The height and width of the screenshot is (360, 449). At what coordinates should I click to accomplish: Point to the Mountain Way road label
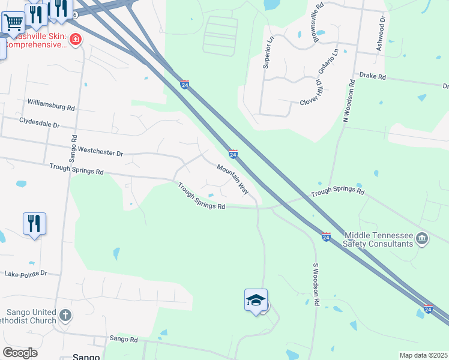[x=233, y=179]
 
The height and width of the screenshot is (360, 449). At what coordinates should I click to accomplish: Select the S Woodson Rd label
[x=316, y=283]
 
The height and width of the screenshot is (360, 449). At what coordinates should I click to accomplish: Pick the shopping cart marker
[x=13, y=23]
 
